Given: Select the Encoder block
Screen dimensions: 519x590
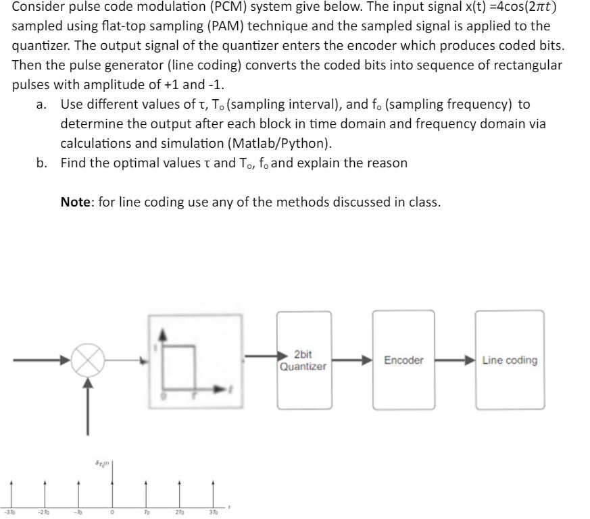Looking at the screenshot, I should point(403,360).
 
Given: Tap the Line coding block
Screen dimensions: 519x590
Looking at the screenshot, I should point(510,360).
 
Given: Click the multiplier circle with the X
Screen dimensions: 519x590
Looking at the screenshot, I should point(87,360).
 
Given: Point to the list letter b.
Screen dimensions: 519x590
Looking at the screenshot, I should point(43,163).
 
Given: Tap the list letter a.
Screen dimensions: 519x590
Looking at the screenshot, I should point(43,105).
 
